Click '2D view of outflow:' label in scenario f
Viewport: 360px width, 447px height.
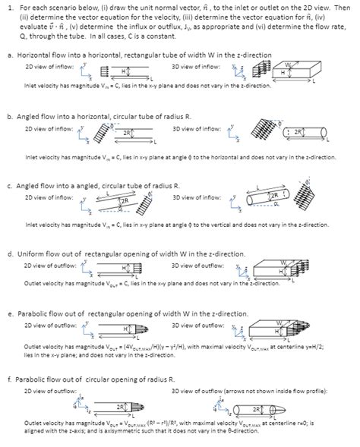click(x=50, y=390)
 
